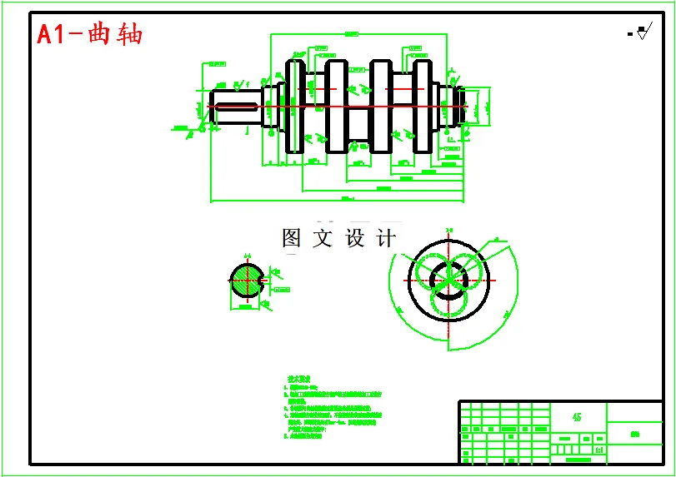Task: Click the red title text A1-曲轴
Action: (90, 34)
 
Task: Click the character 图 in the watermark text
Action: (291, 239)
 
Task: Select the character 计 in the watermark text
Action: (386, 239)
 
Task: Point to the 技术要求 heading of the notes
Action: (299, 378)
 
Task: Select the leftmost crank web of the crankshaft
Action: (295, 107)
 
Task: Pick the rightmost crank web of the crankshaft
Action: (423, 107)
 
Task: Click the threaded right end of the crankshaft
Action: (458, 107)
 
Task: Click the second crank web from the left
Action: (337, 107)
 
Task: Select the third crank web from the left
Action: (381, 107)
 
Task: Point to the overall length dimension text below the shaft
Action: (348, 198)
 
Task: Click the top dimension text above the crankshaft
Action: (351, 34)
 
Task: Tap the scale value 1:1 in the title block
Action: (598, 450)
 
